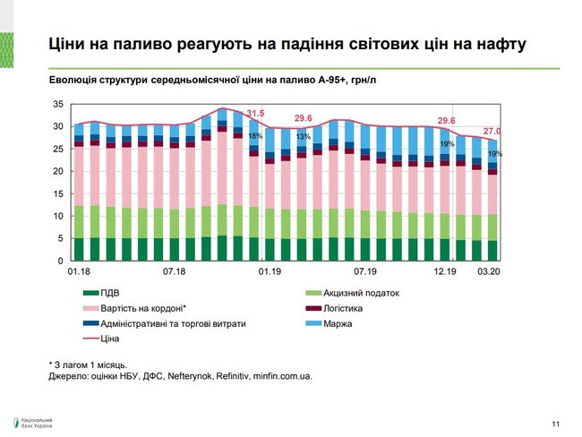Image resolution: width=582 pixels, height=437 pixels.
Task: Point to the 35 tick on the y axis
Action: click(x=57, y=104)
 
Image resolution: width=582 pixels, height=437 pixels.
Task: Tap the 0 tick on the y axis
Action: click(x=60, y=261)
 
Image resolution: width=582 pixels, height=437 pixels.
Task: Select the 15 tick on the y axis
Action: click(x=57, y=193)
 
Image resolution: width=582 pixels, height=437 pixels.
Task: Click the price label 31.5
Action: click(x=256, y=113)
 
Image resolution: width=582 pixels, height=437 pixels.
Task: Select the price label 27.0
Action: click(x=492, y=130)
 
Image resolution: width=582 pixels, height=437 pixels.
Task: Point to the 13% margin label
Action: click(x=304, y=136)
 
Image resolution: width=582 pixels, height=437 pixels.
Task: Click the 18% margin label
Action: click(x=255, y=135)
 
